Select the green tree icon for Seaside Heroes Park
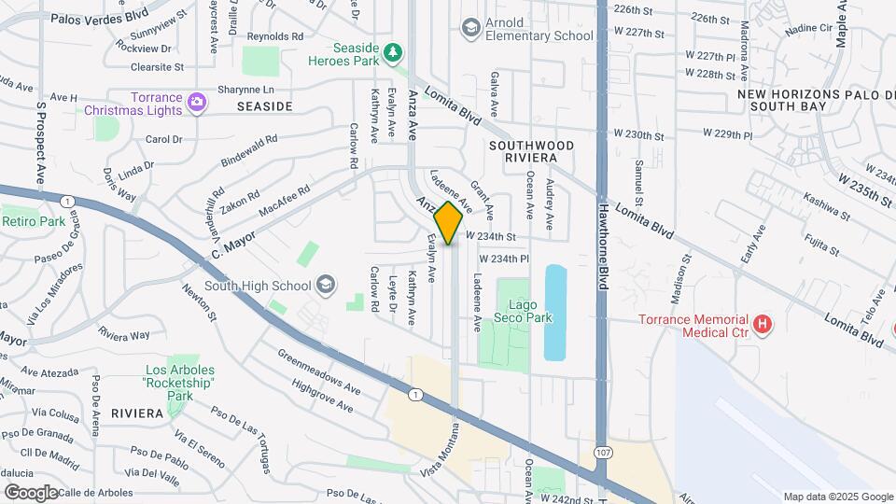pyautogui.click(x=394, y=52)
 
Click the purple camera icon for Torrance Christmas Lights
pyautogui.click(x=196, y=103)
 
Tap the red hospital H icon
pyautogui.click(x=763, y=325)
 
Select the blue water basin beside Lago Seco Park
pyautogui.click(x=554, y=312)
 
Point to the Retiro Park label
pyautogui.click(x=34, y=221)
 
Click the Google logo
pyautogui.click(x=31, y=492)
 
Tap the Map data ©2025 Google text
pyautogui.click(x=836, y=496)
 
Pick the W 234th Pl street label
pyautogui.click(x=504, y=258)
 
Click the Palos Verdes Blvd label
pyautogui.click(x=100, y=18)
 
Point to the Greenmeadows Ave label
pyautogui.click(x=318, y=371)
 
